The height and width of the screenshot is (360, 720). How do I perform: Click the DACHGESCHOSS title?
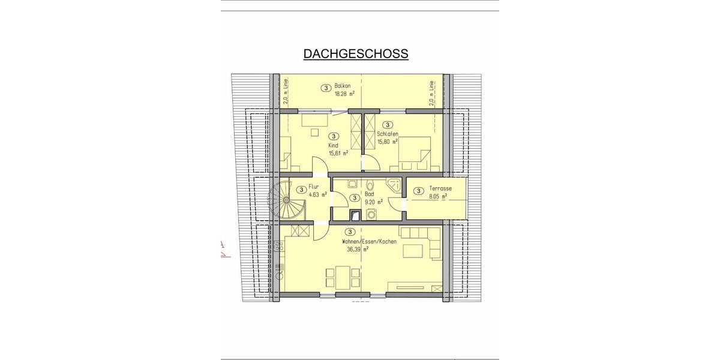coord(356,53)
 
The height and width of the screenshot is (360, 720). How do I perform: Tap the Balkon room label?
coord(343,86)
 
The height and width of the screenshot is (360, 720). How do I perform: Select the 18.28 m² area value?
coord(344,94)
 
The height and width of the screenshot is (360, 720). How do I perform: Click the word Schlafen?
coord(388,134)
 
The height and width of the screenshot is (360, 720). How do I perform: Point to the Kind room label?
coord(333,145)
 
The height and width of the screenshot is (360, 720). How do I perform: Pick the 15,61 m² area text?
coord(338,153)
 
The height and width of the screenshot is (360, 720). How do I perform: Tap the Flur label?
coord(313,186)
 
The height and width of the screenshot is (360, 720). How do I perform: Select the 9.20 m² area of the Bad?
coord(373,202)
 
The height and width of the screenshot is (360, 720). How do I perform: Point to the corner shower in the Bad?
coord(395,185)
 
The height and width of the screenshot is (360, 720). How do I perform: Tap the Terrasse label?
coord(440,188)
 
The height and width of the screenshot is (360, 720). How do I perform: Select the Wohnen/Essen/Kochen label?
coord(369,241)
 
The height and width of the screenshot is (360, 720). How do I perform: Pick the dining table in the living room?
coord(343,277)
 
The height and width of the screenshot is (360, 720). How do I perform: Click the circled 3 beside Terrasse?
coord(418,191)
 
